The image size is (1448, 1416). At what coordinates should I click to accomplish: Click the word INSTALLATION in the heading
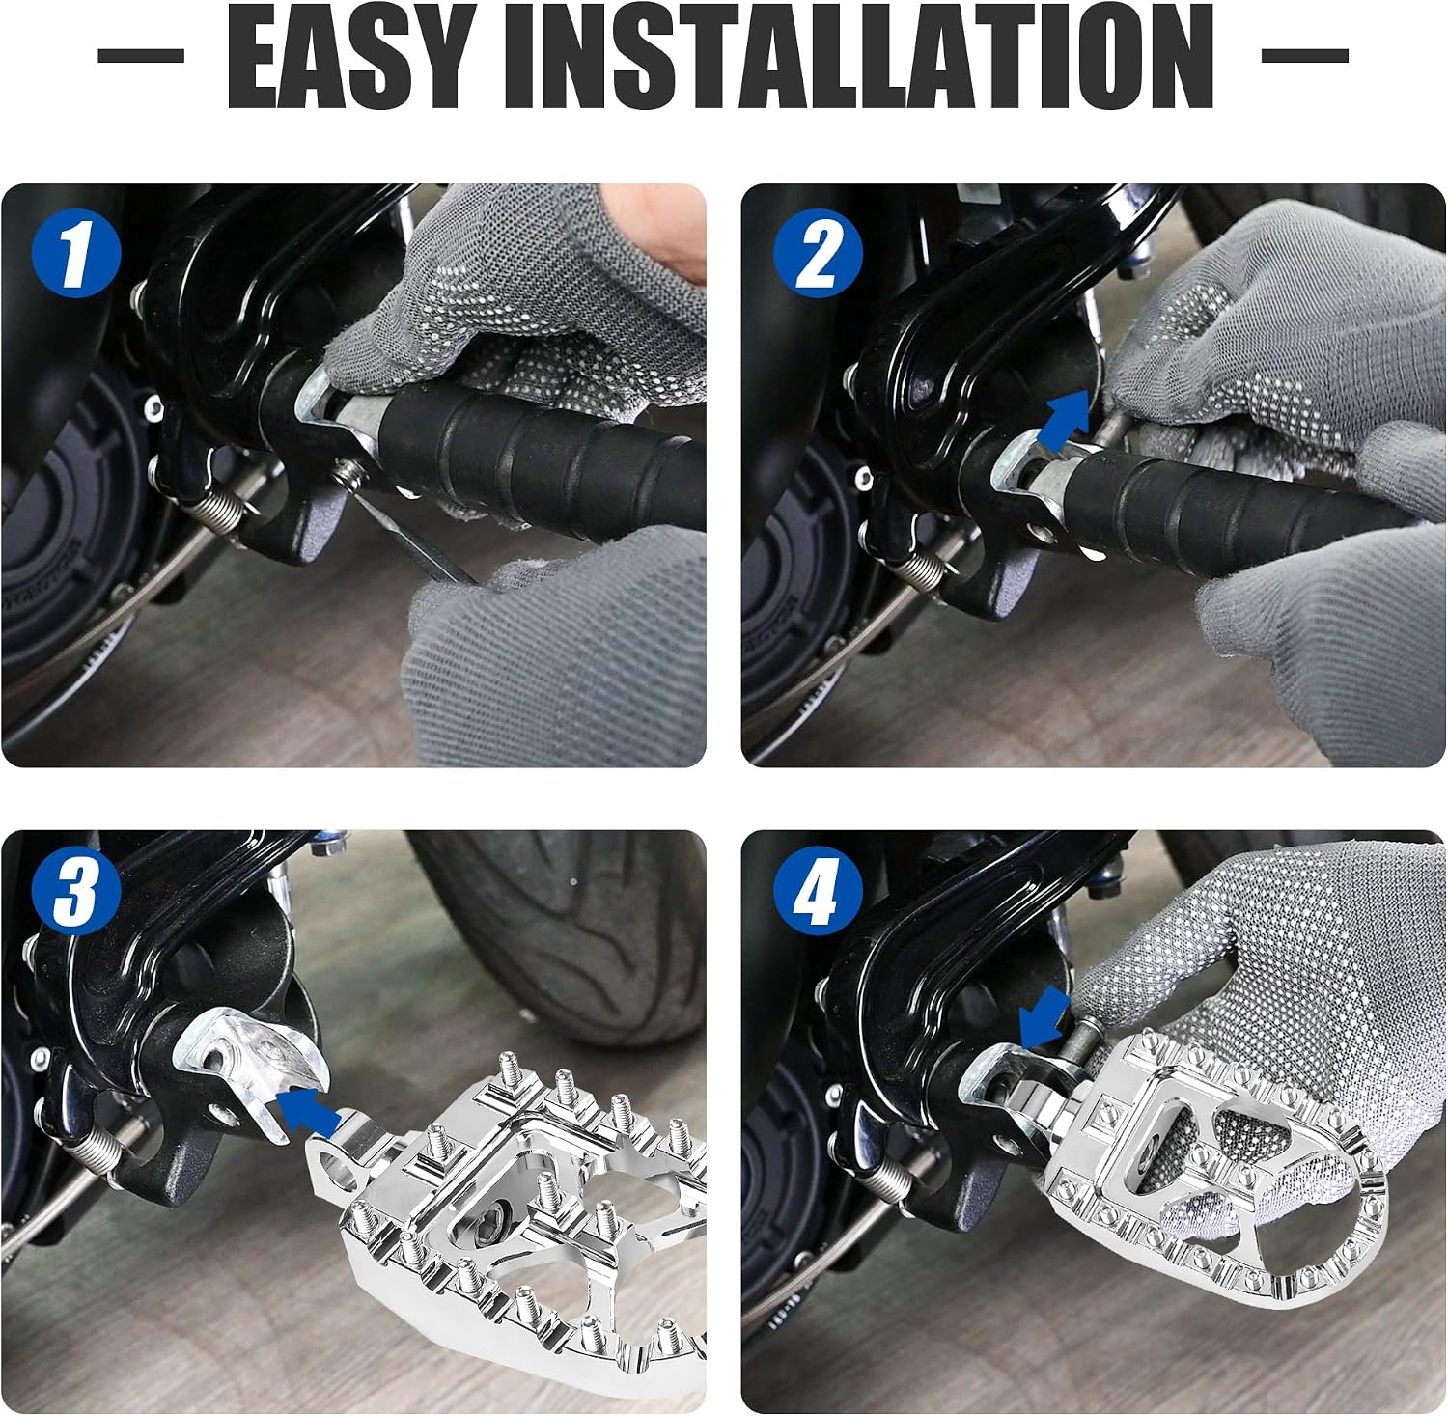click(860, 58)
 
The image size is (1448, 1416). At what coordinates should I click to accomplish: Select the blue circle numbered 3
click(75, 892)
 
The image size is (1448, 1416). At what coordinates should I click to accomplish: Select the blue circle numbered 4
click(818, 892)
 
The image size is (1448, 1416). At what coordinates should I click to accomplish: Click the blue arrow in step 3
click(308, 1109)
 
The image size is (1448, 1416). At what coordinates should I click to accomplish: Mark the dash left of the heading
click(141, 56)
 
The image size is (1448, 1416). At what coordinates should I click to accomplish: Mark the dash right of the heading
click(1305, 56)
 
